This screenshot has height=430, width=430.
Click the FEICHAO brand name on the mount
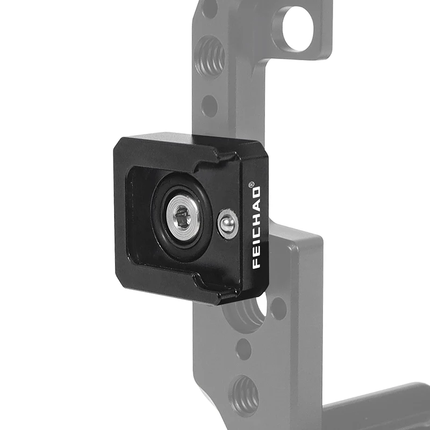tap(256, 227)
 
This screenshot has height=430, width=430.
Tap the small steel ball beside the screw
tap(227, 223)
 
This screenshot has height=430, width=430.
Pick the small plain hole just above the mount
tap(210, 105)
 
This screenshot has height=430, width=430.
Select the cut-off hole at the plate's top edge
tap(209, 6)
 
